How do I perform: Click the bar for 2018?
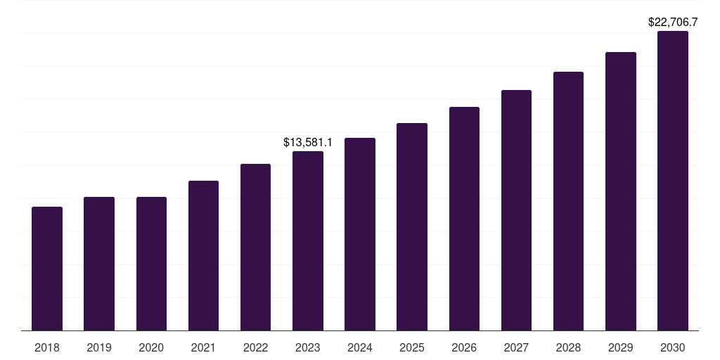point(47,269)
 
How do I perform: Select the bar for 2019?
point(99,264)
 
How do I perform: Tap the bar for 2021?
point(203,255)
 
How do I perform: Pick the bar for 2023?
point(308,240)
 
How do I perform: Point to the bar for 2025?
point(412,226)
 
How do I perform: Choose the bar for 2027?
point(516,210)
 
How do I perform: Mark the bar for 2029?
point(621,191)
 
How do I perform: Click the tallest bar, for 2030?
point(673,181)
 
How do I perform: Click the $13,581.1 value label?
point(308,142)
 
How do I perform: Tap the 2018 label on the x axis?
point(47,347)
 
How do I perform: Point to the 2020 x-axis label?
point(151,347)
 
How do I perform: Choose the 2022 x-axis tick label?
point(255,347)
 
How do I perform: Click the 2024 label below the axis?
point(360,347)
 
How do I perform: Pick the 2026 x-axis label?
point(464,347)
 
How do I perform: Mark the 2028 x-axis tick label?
point(568,347)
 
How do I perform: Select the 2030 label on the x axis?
point(673,347)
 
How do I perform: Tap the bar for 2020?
point(151,264)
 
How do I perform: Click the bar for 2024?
point(360,234)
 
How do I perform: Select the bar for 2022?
point(255,247)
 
